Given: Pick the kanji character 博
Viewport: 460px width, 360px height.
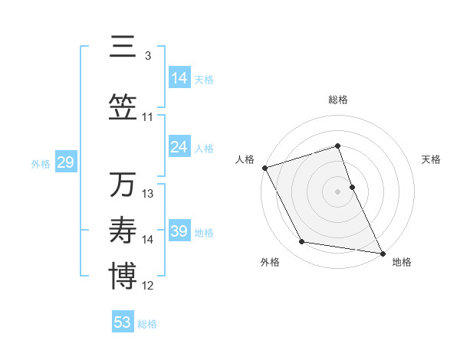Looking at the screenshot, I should coord(123,277).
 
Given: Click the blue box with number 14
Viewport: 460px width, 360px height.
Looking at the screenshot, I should coord(179,77).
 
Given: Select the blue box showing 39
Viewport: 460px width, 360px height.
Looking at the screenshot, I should coord(179,231).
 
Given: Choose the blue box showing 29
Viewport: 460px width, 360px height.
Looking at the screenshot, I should coord(65,162).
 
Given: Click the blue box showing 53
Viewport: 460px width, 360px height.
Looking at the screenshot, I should coord(123,322).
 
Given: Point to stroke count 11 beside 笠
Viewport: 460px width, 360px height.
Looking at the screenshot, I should coord(148,117).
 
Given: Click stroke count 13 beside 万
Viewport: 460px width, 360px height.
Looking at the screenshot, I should coord(148,194).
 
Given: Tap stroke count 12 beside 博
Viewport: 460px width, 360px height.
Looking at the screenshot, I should coord(148,286).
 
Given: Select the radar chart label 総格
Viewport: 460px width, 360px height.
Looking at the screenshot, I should coord(337,100).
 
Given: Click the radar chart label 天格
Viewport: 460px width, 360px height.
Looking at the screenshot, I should coord(431,159).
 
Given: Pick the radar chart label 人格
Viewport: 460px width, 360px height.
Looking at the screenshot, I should coord(245,159).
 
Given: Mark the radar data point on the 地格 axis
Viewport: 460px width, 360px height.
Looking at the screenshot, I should coord(382,252).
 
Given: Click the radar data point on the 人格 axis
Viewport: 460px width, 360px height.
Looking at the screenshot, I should coord(264,168).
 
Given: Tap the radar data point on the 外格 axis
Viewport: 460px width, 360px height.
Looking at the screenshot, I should coord(302,242).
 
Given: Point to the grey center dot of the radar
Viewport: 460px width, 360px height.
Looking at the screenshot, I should coord(337,191).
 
